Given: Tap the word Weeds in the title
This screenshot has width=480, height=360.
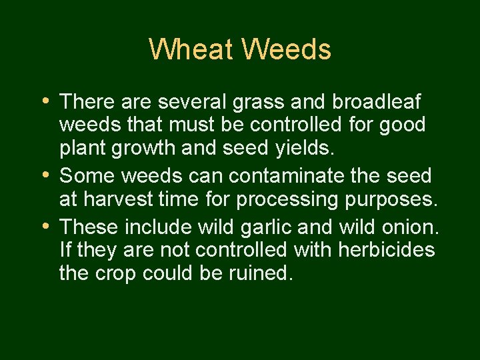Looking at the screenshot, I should [x=287, y=49].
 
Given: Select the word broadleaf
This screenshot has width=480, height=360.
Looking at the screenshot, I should [x=377, y=102].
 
